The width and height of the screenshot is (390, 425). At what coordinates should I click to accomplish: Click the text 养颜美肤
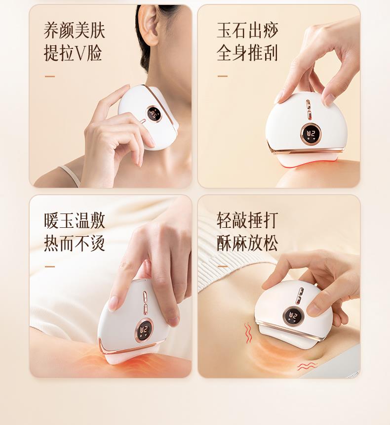pyautogui.click(x=74, y=31)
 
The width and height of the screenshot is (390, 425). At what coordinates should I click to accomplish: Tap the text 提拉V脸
pyautogui.click(x=73, y=53)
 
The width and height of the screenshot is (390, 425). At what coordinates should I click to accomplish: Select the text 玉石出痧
pyautogui.click(x=247, y=31)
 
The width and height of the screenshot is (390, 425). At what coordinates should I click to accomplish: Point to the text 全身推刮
pyautogui.click(x=247, y=53)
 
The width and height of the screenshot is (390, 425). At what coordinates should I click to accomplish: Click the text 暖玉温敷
pyautogui.click(x=74, y=221)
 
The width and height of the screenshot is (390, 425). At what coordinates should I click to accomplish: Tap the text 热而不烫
pyautogui.click(x=74, y=243)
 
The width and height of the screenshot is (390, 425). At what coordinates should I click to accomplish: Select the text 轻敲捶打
pyautogui.click(x=247, y=221)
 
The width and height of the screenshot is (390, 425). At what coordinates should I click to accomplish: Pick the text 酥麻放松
pyautogui.click(x=247, y=243)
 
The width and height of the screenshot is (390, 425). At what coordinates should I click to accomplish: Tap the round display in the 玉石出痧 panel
pyautogui.click(x=310, y=134)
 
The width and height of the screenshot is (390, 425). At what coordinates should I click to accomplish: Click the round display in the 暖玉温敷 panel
pyautogui.click(x=143, y=331)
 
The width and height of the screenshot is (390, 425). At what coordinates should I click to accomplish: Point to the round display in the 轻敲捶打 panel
pyautogui.click(x=293, y=316)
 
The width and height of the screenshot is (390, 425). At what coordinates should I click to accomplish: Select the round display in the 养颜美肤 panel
pyautogui.click(x=153, y=113)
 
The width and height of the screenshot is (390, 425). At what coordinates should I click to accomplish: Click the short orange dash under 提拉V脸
pyautogui.click(x=50, y=77)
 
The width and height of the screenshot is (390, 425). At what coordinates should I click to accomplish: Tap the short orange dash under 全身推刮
pyautogui.click(x=223, y=76)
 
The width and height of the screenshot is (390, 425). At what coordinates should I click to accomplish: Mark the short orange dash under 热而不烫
pyautogui.click(x=50, y=267)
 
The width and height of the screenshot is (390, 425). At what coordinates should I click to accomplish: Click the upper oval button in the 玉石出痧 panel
pyautogui.click(x=309, y=105)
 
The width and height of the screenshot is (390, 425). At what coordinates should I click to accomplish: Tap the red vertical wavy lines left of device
pyautogui.click(x=248, y=333)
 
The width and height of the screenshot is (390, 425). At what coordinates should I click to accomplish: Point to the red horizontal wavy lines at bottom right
pyautogui.click(x=308, y=367)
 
